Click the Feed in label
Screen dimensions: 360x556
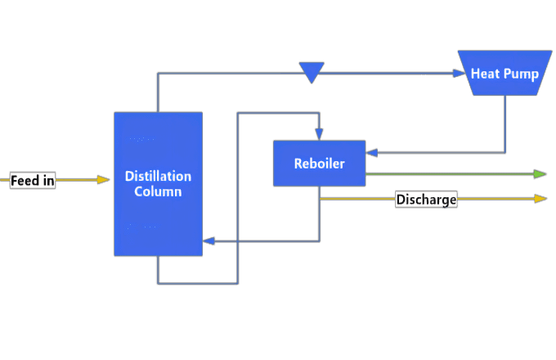point(33,180)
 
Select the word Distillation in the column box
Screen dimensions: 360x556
point(158,176)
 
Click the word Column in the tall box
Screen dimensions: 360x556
point(158,191)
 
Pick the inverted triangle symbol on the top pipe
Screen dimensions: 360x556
point(312,72)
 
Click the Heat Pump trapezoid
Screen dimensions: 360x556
point(504,74)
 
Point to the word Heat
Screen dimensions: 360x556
point(485,74)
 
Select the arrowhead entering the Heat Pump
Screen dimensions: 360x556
point(458,74)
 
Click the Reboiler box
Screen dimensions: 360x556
point(319,163)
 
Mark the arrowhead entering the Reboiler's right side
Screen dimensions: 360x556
point(371,151)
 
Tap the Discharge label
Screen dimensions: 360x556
point(426,199)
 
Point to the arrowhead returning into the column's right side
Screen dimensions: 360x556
point(208,241)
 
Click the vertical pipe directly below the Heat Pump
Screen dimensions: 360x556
point(504,123)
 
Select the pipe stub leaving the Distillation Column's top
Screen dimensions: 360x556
point(158,94)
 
